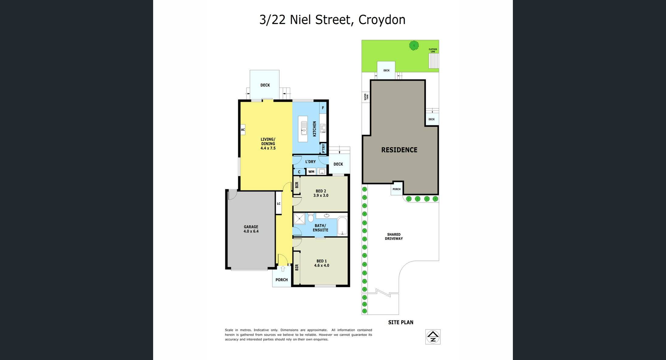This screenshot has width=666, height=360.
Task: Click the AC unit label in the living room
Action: coord(243,130)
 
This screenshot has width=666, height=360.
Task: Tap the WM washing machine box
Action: coord(311,172)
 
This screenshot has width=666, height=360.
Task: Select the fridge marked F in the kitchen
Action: coord(323,108)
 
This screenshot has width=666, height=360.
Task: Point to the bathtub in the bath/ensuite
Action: coord(342,226)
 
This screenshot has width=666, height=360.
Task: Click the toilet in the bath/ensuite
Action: coord(311,218)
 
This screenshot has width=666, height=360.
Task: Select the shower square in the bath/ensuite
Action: coord(299,219)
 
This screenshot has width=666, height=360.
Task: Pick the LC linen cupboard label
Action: coord(279,204)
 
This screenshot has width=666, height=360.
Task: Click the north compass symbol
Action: coord(433,337)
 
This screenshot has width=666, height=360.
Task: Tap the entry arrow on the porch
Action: coord(283,269)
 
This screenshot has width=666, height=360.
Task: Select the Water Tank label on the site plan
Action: coord(366,97)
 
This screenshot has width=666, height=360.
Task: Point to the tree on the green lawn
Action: coord(414,46)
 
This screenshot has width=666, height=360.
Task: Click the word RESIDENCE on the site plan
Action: coord(399,150)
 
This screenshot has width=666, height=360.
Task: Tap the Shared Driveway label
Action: coord(394,237)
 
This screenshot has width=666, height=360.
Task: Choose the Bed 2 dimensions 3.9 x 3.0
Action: coord(321,196)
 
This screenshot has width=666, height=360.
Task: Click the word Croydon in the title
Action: coord(382,20)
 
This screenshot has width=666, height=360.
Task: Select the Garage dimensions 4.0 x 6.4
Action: coord(251,231)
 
